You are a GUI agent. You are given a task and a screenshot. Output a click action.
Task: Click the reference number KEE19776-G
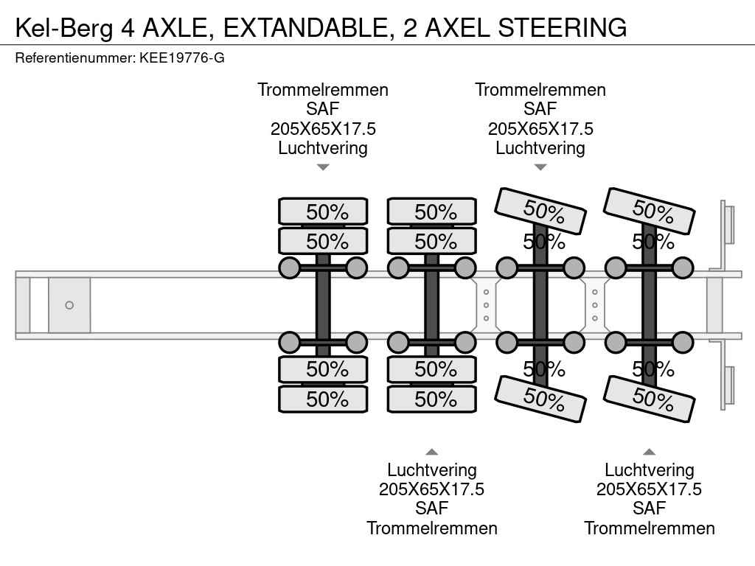tap(181, 57)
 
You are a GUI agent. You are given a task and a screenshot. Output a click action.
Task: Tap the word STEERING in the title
tap(563, 27)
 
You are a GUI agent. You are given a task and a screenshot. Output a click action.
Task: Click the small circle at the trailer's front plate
tap(69, 305)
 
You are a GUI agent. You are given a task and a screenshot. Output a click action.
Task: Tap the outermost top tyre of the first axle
tap(323, 212)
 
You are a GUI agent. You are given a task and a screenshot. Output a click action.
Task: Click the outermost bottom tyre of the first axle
tap(323, 399)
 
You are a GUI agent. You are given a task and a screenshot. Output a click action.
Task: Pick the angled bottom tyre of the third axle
tap(540, 398)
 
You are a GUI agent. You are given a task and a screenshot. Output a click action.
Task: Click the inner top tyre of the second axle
tap(432, 241)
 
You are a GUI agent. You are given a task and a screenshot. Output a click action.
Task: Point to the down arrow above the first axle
tap(323, 167)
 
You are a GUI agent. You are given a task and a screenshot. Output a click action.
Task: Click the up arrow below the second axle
tap(432, 452)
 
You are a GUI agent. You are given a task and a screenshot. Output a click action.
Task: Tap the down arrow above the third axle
tap(540, 167)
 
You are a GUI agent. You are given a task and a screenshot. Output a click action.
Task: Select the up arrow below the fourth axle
tap(649, 452)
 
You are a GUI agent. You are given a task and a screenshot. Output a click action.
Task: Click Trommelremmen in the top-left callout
tap(323, 90)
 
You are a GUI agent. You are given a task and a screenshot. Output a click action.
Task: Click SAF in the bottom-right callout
tap(649, 509)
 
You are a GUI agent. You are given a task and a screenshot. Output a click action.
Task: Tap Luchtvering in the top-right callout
tap(540, 147)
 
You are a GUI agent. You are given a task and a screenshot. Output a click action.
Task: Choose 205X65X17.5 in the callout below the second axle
tap(432, 489)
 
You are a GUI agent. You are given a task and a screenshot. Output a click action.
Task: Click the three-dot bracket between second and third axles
tap(486, 305)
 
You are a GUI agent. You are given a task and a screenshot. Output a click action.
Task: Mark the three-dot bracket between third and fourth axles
tap(594, 305)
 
